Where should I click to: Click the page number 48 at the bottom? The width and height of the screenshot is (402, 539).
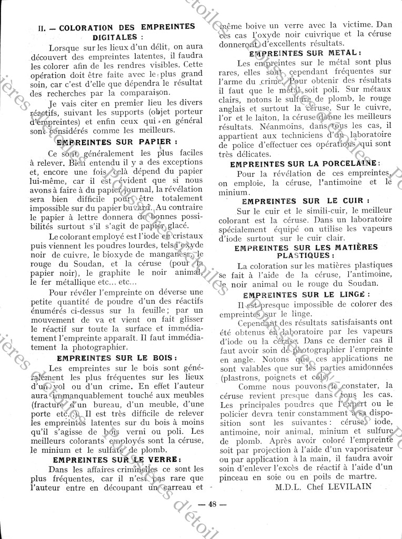(212, 504)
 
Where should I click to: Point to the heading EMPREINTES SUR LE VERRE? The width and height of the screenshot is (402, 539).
(117, 459)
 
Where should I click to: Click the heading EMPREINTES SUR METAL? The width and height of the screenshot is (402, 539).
(305, 53)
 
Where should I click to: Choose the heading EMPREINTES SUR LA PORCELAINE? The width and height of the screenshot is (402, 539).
(305, 164)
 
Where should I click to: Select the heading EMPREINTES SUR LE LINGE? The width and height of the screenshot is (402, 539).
(307, 294)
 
